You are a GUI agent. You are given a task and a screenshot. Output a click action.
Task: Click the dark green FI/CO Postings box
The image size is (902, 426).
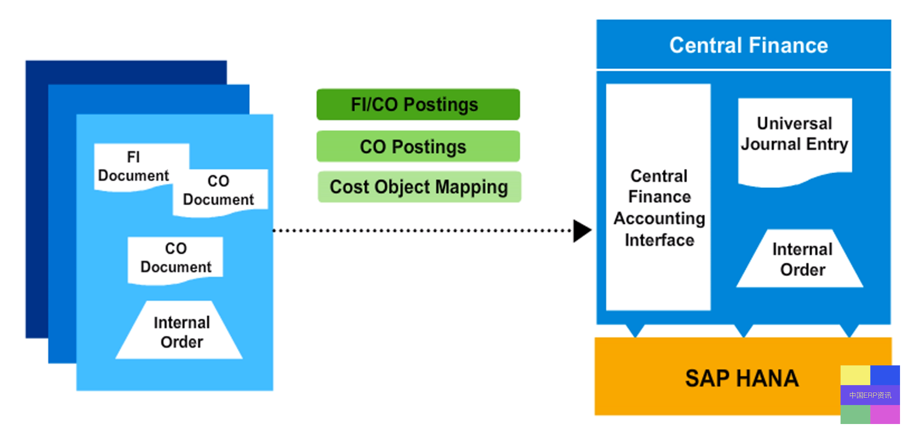click(x=418, y=104)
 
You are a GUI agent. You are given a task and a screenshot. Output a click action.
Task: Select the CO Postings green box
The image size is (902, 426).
click(x=418, y=146)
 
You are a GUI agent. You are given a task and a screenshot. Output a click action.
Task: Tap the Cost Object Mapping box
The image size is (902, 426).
click(x=419, y=187)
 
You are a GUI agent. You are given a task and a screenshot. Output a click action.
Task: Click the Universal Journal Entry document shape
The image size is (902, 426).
click(x=795, y=141)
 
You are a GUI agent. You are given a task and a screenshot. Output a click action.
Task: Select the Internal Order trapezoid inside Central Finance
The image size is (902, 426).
click(x=799, y=258)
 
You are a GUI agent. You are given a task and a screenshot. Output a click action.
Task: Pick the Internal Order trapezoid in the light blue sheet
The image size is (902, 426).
click(x=179, y=330)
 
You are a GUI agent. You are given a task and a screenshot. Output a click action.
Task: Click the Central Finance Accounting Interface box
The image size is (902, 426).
click(x=658, y=197)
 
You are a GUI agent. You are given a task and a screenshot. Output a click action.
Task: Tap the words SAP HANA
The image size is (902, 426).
click(x=742, y=378)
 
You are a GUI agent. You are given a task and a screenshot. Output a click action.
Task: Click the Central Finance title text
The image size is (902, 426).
click(x=749, y=45)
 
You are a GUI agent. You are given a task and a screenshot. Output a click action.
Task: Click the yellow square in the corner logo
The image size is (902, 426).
click(x=855, y=375)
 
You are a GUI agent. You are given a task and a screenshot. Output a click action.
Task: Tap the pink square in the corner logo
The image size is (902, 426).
click(x=885, y=415)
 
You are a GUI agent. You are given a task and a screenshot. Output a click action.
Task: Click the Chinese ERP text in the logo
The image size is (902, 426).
click(x=870, y=395)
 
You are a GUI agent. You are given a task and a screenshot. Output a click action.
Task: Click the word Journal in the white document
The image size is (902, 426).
click(x=771, y=144)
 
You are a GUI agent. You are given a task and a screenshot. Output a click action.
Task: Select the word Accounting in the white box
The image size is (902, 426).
click(x=659, y=219)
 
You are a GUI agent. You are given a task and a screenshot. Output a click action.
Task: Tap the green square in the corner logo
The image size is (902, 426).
click(x=855, y=415)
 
